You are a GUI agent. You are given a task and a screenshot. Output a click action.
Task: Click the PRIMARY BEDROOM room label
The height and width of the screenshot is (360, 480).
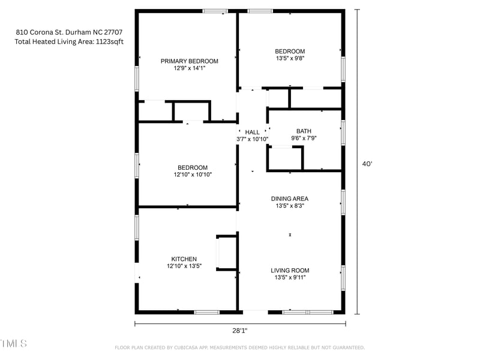coord(189,61)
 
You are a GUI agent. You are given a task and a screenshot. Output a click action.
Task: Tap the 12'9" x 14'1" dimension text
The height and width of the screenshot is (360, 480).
coord(189,68)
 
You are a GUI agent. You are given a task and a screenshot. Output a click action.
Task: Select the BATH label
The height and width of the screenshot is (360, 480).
coord(304,131)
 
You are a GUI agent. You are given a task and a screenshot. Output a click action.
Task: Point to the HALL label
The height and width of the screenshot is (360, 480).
coord(252,132)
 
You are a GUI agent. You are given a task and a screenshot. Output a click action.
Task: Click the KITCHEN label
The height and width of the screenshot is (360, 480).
coord(184,259)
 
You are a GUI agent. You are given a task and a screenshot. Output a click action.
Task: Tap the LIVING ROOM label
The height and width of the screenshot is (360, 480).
coord(291,271)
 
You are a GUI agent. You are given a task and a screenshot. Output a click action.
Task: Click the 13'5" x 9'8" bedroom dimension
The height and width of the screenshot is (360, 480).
coord(290,59)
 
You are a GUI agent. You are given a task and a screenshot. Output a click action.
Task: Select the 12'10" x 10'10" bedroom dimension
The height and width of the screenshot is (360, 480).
coord(192,175)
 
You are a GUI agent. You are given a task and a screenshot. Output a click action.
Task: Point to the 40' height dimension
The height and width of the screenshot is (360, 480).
coord(367,163)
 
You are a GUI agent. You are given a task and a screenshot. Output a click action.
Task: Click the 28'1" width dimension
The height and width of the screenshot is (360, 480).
coord(239,331)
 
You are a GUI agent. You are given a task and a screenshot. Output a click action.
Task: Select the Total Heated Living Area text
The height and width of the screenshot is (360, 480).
coord(69,42)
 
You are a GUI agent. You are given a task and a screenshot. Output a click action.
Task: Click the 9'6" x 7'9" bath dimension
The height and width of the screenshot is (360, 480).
coord(304,138)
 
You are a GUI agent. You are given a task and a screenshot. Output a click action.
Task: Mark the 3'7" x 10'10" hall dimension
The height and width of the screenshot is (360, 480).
coord(252,139)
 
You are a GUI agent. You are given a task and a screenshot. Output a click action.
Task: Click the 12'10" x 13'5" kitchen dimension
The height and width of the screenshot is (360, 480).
coord(184,266)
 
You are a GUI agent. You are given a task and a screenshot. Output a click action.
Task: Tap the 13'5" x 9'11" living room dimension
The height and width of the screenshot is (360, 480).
coord(291,278)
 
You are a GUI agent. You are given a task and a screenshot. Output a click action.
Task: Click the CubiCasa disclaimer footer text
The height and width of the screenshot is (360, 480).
coord(239,347)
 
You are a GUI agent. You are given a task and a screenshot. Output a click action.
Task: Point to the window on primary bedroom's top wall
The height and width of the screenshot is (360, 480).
coord(215,11)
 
